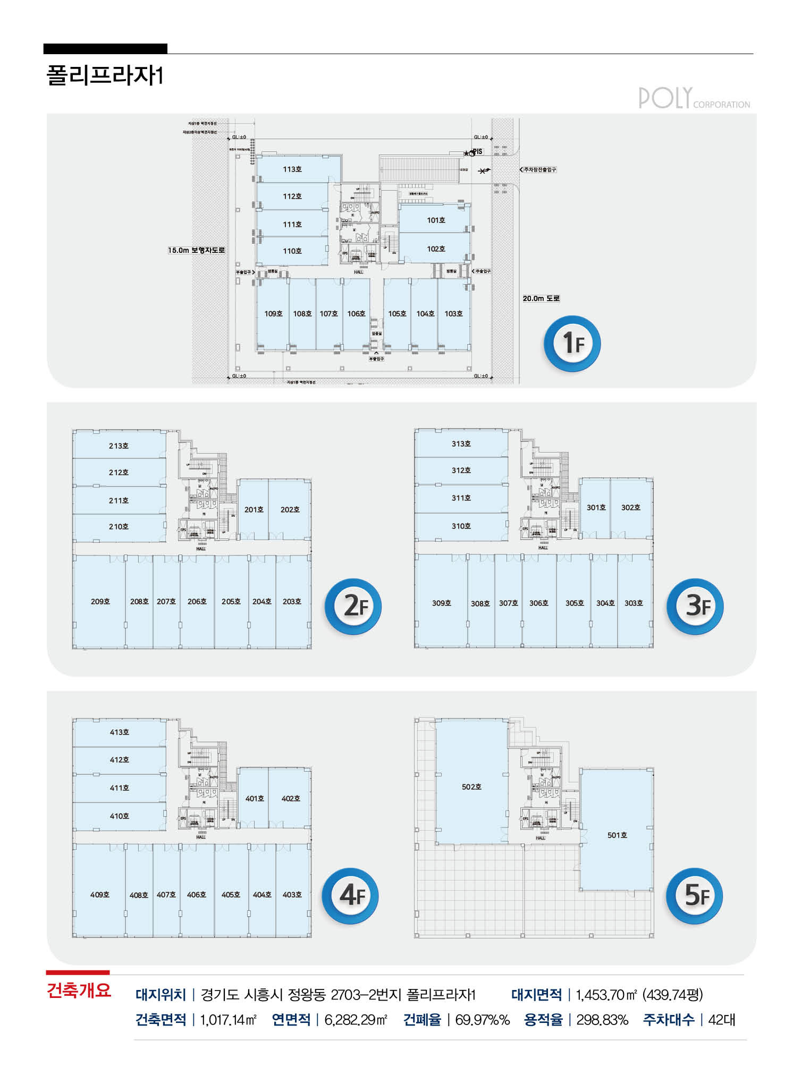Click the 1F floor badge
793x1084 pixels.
(572, 343)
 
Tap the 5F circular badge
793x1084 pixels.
(695, 896)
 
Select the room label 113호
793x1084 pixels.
(292, 169)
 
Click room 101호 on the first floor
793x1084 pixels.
(436, 220)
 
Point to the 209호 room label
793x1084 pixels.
(100, 602)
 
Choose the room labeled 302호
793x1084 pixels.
(630, 508)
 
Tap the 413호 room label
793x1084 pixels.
(119, 732)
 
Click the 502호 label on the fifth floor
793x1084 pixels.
(471, 787)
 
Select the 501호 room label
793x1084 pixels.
(617, 835)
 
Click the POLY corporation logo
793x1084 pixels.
(694, 98)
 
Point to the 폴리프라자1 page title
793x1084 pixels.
(105, 75)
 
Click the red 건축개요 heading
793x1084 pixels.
(79, 991)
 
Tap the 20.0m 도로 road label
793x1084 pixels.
(541, 298)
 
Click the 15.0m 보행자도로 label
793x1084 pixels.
(197, 250)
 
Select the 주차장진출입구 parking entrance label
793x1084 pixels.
(539, 169)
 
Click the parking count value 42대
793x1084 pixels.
(721, 1020)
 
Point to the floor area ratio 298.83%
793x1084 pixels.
(602, 1020)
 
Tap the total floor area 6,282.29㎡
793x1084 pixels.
(356, 1020)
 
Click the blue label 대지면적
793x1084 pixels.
(536, 995)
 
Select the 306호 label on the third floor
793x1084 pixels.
(538, 603)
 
